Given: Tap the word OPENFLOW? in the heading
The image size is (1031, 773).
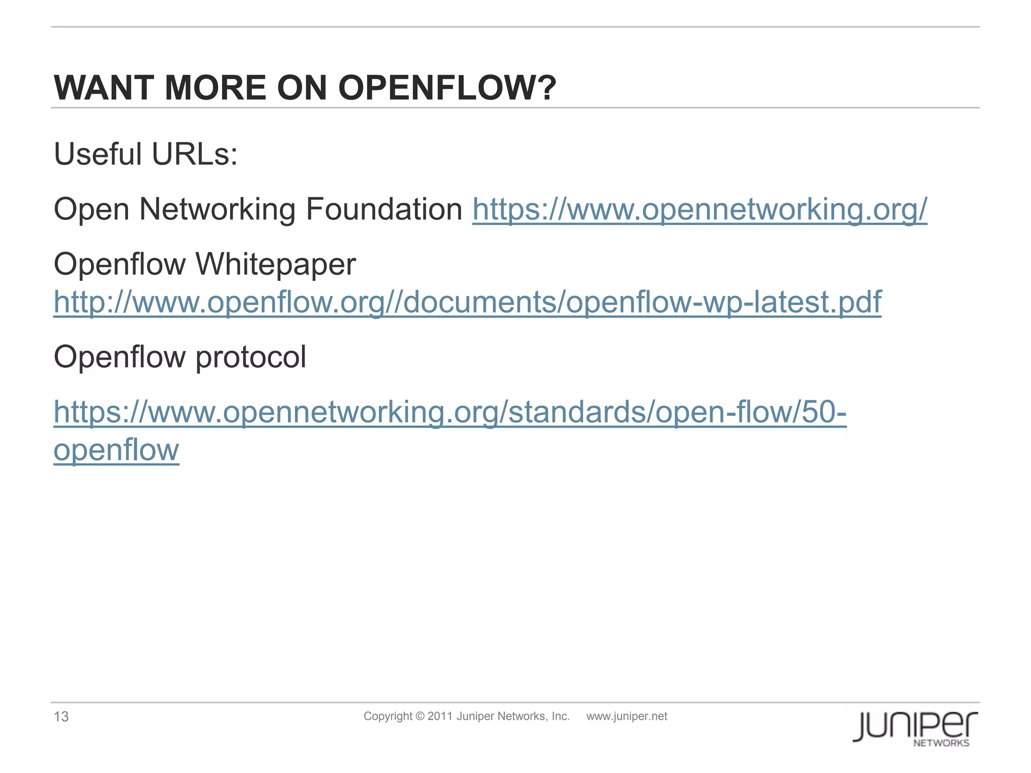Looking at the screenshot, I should coord(447,88).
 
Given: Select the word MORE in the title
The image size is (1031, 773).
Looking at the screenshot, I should coord(215,88).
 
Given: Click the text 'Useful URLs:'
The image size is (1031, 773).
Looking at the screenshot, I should coord(145,154).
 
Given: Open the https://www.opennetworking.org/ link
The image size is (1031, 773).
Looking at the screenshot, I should coord(699,209).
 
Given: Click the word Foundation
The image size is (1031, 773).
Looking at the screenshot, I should coord(384,209).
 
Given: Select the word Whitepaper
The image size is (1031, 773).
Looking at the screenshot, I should coord(275,265).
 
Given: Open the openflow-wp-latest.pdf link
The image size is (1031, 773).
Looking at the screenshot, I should coord(467,302).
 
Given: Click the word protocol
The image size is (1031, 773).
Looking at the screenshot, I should coord(250,357).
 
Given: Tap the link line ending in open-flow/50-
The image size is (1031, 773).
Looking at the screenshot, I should coord(450,412).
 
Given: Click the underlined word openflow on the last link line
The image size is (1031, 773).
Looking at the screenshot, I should coord(116,449).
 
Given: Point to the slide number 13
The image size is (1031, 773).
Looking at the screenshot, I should coord(61,717).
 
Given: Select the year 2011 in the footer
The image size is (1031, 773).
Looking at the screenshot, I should coord(439,716).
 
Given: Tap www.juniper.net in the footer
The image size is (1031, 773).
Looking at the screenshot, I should coord(626,716).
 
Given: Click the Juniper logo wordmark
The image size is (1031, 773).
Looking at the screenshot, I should coord(915,725).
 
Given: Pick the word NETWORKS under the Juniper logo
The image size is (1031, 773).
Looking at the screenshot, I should coord(941,743).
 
